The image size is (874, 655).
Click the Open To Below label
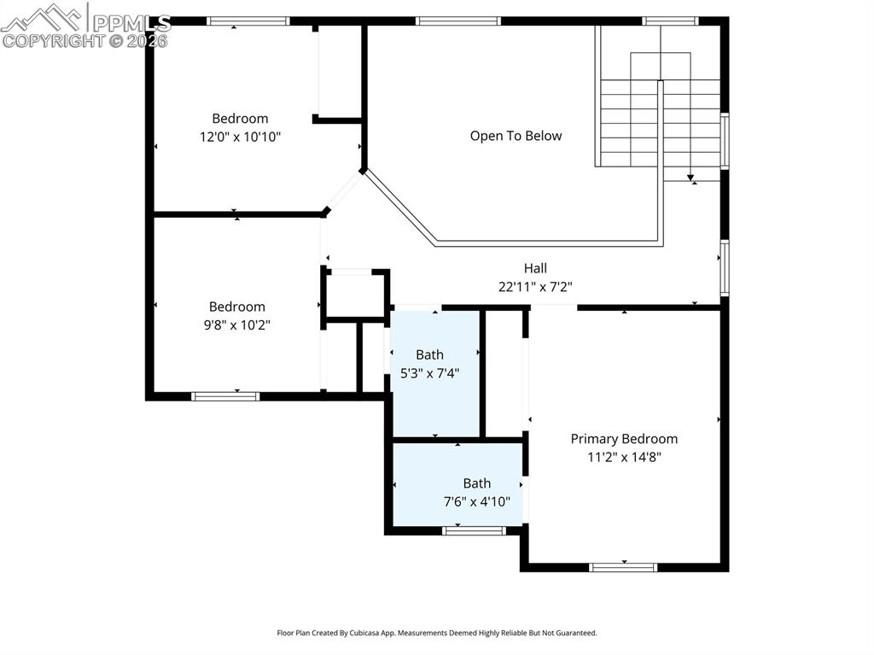coord(516,136)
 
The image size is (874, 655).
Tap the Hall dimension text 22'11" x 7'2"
coord(535,287)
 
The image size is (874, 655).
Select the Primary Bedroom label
coord(624,439)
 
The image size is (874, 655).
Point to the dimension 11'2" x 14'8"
coord(624,458)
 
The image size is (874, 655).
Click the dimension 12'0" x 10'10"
coord(240,137)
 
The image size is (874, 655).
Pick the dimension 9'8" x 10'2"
coord(237,325)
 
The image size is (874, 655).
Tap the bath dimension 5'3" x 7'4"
coord(430,373)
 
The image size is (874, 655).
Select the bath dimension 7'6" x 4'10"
coord(476,501)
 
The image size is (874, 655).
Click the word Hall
coord(535,268)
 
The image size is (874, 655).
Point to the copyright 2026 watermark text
coord(84,41)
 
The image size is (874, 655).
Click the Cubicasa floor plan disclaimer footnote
coord(437,633)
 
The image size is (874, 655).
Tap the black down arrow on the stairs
coord(690,178)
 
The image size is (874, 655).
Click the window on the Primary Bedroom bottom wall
coord(623,567)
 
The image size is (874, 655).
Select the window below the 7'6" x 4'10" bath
coord(475,530)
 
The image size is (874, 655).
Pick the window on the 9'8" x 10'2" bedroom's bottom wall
coord(225,397)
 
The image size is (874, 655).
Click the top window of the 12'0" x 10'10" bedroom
coord(248,21)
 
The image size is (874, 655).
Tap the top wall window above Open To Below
coord(458,21)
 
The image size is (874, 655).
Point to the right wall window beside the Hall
coord(725,267)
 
